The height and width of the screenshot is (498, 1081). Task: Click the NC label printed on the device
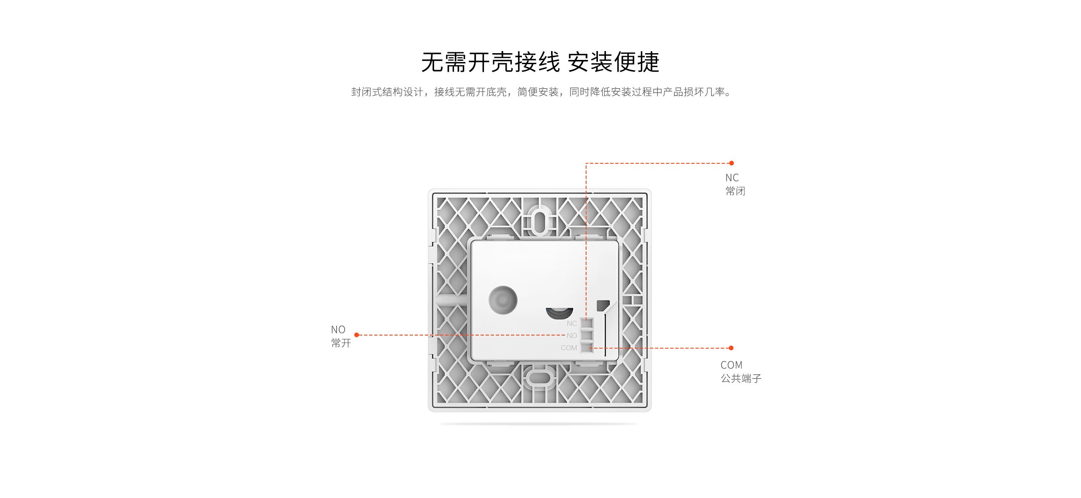pyautogui.click(x=572, y=323)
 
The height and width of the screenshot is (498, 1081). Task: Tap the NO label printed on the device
pyautogui.click(x=572, y=336)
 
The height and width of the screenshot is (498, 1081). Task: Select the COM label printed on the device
pyautogui.click(x=569, y=348)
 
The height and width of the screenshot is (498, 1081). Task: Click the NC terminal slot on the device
pyautogui.click(x=587, y=323)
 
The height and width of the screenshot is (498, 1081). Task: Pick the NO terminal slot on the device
pyautogui.click(x=587, y=336)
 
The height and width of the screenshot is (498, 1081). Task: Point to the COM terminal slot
pyautogui.click(x=587, y=347)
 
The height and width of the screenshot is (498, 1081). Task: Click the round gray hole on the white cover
pyautogui.click(x=503, y=300)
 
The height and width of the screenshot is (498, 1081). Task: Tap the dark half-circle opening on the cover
pyautogui.click(x=560, y=314)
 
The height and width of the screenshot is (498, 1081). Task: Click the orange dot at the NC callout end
pyautogui.click(x=731, y=163)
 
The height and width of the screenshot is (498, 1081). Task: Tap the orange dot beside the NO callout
pyautogui.click(x=357, y=335)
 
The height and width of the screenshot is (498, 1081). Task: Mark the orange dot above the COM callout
pyautogui.click(x=731, y=348)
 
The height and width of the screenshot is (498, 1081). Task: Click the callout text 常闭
pyautogui.click(x=736, y=191)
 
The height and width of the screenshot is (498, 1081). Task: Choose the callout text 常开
pyautogui.click(x=341, y=343)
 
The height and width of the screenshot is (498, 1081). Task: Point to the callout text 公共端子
pyautogui.click(x=741, y=379)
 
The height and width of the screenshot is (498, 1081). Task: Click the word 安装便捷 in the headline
pyautogui.click(x=613, y=62)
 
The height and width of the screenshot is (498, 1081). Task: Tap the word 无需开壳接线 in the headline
pyautogui.click(x=490, y=62)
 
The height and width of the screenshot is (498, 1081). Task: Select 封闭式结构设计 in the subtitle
pyautogui.click(x=387, y=92)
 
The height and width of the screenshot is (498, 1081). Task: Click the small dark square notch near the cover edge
pyautogui.click(x=603, y=306)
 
